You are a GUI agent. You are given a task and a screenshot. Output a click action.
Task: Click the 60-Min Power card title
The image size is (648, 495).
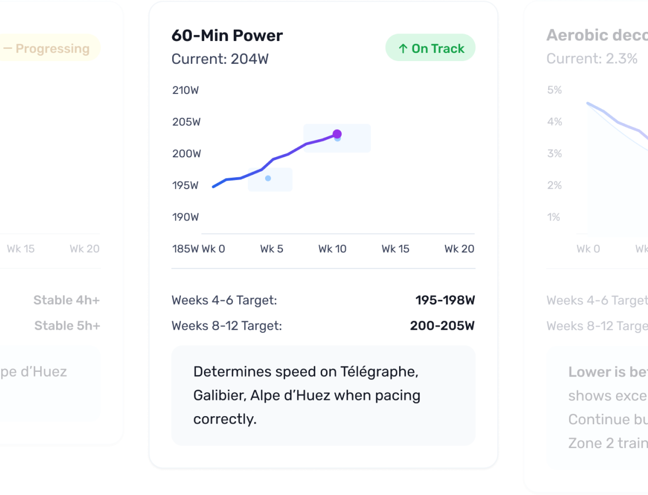227,36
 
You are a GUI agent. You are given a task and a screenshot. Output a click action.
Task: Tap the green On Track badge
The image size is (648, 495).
430,48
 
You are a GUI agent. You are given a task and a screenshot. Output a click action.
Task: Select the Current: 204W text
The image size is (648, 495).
220,59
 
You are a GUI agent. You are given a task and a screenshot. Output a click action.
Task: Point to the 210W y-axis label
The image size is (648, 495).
185,90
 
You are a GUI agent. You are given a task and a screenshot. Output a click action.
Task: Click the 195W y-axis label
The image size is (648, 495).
185,185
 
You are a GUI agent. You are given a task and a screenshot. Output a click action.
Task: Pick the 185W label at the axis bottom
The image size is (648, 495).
185,249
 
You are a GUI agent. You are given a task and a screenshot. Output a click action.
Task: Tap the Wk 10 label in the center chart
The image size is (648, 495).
332,249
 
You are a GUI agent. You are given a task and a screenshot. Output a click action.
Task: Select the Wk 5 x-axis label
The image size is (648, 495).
271,249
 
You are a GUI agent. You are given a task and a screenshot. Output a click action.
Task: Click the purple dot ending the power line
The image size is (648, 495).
337,134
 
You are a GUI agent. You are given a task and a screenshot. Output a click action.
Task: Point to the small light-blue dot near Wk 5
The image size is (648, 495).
268,178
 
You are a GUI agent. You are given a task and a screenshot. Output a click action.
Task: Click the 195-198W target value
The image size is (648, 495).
445,300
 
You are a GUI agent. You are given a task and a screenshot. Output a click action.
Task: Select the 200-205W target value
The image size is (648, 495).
442,326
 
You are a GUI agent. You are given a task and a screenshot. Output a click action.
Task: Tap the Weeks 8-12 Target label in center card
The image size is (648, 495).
226,326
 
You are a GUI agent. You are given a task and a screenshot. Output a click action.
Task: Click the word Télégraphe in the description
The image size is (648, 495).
379,372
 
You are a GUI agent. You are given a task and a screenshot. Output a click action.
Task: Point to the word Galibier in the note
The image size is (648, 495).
219,396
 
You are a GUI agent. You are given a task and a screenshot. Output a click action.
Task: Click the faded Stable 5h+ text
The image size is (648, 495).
67,326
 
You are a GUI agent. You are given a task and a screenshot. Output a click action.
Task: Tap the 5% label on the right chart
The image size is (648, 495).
554,90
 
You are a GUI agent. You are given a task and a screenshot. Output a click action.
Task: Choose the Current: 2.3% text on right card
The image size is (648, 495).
592,59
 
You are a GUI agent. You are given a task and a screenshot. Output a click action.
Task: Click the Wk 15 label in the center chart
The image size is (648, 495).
395,249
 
